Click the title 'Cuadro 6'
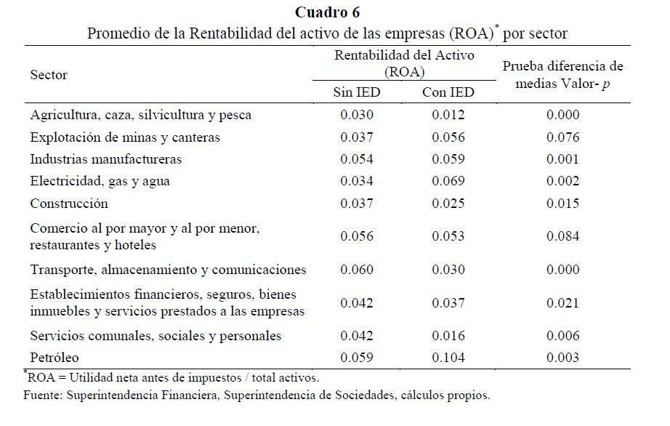(x=327, y=12)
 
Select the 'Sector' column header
(x=49, y=75)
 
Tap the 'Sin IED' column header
(x=356, y=92)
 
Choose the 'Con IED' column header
(x=448, y=92)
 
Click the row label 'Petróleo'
(x=55, y=358)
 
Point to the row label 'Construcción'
(x=69, y=204)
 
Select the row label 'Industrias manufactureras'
(x=106, y=159)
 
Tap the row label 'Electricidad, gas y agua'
(x=100, y=181)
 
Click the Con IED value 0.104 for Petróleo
(x=448, y=358)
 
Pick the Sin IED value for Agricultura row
(x=356, y=115)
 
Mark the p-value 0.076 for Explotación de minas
(x=563, y=137)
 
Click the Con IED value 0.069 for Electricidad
(x=448, y=181)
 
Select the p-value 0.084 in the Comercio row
(x=563, y=236)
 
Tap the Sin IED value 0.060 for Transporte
(x=356, y=270)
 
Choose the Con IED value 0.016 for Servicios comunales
(x=448, y=336)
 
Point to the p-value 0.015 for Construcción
(x=563, y=204)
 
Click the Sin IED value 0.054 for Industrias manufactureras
(x=356, y=159)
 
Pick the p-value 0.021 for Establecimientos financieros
(x=563, y=302)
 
